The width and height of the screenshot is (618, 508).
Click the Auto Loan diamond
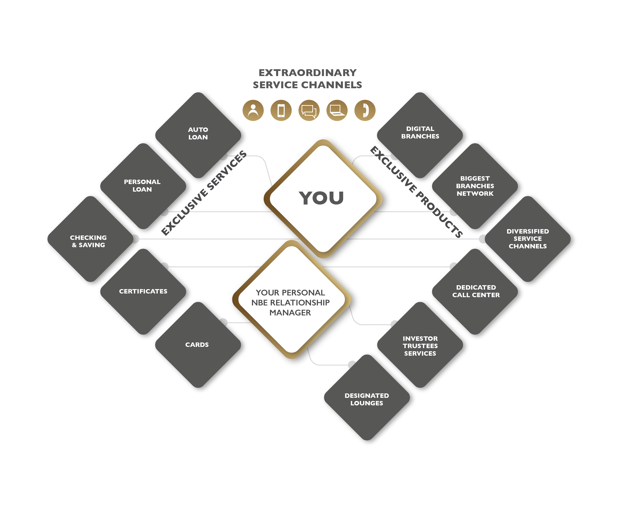[198, 135]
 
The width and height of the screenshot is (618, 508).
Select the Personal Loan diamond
[143, 186]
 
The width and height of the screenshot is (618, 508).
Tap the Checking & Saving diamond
[90, 239]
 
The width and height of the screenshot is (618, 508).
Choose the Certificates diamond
[143, 292]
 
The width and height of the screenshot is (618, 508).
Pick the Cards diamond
[198, 345]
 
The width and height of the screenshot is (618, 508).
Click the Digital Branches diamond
[420, 135]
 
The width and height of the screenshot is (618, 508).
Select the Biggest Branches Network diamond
[475, 186]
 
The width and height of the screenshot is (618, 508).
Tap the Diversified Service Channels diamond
[528, 239]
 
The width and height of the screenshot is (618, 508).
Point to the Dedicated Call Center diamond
[475, 292]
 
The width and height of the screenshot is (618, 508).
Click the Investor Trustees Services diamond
[420, 345]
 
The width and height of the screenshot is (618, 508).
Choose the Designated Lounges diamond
[367, 397]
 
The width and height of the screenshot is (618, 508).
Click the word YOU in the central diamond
[321, 198]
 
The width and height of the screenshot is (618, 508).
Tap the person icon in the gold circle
[253, 110]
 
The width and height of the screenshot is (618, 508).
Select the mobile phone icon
[281, 110]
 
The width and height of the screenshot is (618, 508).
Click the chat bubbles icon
[309, 110]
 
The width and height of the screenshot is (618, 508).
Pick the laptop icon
[337, 110]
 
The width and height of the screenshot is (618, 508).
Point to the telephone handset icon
[365, 110]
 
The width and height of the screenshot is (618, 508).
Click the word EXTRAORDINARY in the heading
[307, 73]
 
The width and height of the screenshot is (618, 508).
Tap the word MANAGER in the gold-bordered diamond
[290, 313]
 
